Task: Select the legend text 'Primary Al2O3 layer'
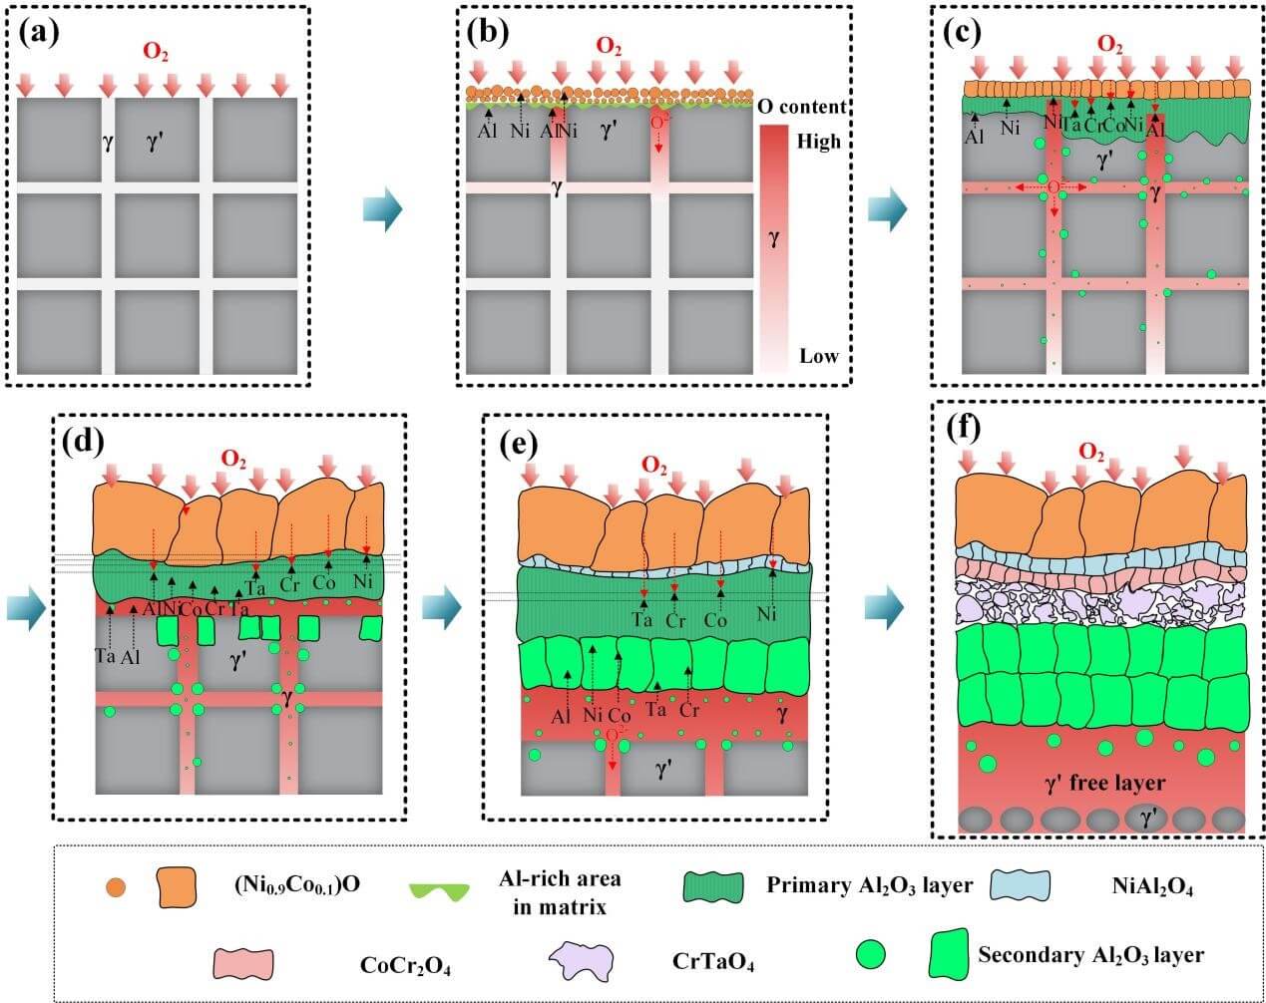(870, 884)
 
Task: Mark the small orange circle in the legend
(116, 885)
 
